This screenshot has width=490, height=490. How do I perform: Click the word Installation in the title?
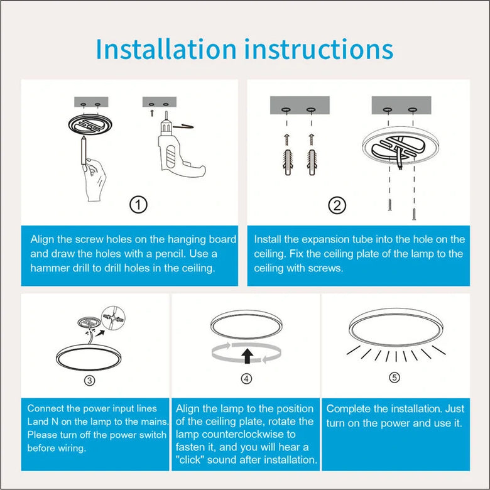tap(166, 49)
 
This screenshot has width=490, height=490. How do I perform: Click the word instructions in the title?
tap(319, 49)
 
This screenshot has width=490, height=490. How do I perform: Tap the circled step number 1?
tap(138, 205)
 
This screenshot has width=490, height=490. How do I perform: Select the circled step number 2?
tap(337, 205)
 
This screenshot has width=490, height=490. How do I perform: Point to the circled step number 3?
tap(90, 380)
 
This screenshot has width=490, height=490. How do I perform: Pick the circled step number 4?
tap(246, 379)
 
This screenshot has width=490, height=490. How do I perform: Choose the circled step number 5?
tap(395, 378)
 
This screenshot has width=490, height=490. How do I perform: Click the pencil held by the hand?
tap(84, 150)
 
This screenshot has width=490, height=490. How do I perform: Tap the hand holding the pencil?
tap(94, 180)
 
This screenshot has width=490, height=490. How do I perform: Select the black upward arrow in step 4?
tap(248, 356)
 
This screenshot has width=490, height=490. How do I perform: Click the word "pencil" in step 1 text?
tap(170, 253)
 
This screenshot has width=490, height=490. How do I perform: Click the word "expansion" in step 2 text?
tap(326, 239)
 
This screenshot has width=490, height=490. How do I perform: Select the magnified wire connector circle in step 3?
tap(114, 318)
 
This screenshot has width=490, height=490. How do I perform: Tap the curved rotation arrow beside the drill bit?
tap(183, 126)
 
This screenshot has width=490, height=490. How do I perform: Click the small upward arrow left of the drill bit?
tap(152, 113)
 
